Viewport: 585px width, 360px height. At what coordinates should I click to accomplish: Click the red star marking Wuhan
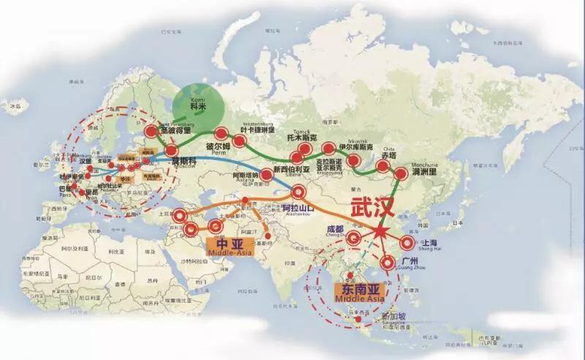(382, 232)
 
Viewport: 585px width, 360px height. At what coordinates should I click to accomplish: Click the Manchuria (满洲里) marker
(401, 173)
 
